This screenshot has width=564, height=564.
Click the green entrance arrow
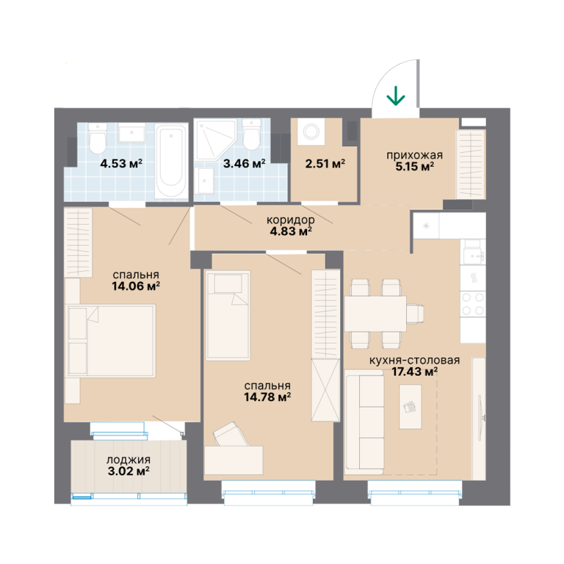[396, 95]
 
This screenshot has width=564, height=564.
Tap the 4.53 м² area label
[121, 164]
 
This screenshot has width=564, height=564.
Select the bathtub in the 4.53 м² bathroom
[171, 161]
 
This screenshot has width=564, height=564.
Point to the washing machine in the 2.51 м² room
[311, 131]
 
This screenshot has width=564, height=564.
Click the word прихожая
[414, 156]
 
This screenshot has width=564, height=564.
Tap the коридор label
[291, 220]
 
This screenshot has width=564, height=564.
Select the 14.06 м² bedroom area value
[136, 286]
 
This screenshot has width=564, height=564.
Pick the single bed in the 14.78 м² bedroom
[228, 316]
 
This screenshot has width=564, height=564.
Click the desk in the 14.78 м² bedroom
[234, 460]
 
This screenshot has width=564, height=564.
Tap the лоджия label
[129, 460]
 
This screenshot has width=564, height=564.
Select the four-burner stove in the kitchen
[473, 303]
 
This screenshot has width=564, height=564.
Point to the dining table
[375, 314]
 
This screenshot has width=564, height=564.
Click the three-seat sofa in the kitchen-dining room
[364, 422]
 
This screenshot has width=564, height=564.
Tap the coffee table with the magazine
[410, 406]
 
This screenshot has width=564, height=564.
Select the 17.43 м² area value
[414, 372]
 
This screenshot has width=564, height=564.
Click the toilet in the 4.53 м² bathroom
[98, 139]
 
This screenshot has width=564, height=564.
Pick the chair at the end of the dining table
[416, 314]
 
